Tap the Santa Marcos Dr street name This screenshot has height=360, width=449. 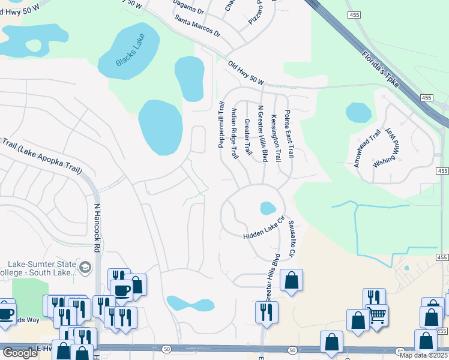(197, 25)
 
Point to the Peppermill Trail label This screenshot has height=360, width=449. (221, 124)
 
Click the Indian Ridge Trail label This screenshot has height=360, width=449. (234, 133)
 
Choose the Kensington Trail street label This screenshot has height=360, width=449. (276, 138)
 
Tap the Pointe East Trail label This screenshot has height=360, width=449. (289, 133)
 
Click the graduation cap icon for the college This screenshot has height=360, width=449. (86, 267)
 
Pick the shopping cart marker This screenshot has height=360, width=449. (377, 314)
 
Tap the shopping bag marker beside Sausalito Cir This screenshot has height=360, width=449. (291, 280)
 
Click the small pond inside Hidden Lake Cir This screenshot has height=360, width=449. (268, 208)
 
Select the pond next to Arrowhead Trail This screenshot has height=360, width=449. (358, 112)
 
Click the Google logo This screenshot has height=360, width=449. (20, 353)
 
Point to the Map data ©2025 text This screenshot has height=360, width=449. (424, 355)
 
